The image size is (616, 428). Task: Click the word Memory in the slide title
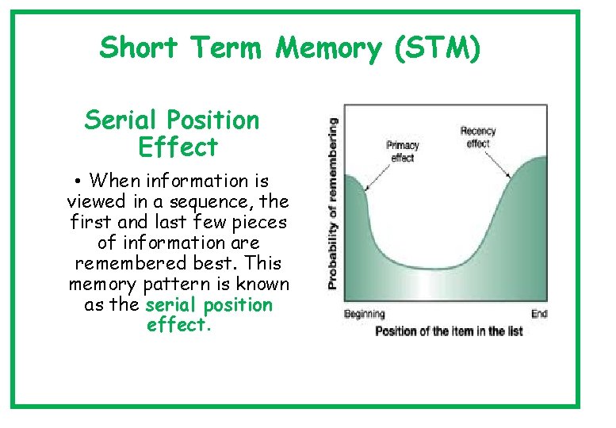(328, 49)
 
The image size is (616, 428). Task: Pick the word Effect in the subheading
(177, 147)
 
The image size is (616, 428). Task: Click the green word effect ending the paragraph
(178, 325)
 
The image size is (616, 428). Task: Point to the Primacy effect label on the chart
(403, 151)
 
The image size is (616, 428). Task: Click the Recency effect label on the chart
(477, 137)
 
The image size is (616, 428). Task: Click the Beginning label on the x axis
(364, 315)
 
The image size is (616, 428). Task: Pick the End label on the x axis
(539, 315)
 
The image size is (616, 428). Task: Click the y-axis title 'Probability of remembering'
(333, 203)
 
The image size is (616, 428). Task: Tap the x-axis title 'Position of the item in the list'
(448, 331)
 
